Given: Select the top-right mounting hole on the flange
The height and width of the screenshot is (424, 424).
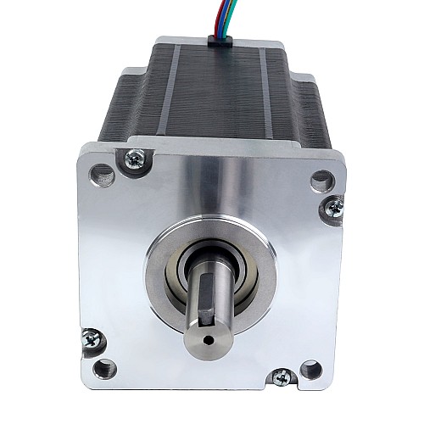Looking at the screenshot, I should pos(322,180).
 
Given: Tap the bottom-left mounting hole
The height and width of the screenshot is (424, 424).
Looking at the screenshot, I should pos(103,368).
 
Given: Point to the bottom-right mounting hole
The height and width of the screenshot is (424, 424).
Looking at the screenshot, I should pos(311,369).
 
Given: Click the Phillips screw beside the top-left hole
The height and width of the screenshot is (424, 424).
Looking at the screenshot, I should pos(133,157).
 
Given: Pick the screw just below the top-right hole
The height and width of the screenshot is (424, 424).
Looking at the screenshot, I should pos(335,205).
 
